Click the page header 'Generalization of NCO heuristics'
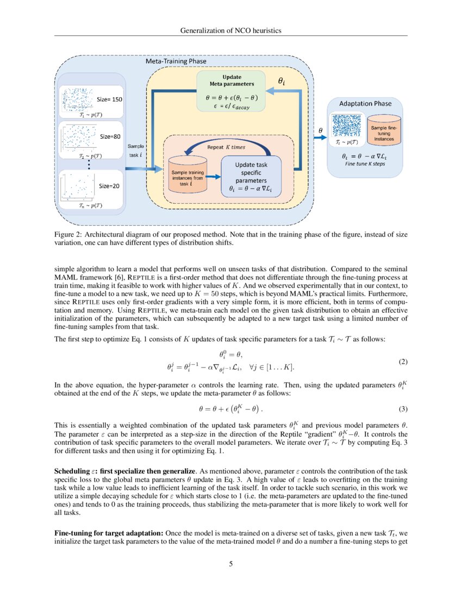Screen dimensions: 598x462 (x=230, y=31)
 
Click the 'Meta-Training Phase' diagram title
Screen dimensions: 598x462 (x=176, y=62)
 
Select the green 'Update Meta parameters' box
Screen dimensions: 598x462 (x=230, y=91)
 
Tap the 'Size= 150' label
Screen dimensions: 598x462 (x=109, y=99)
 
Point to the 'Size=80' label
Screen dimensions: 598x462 (x=109, y=137)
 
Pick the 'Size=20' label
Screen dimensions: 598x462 (x=109, y=185)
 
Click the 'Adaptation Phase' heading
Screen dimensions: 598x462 (x=365, y=103)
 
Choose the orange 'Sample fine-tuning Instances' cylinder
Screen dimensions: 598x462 (x=384, y=130)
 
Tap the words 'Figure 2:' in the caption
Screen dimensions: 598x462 (x=68, y=233)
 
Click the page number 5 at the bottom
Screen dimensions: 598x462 (x=231, y=564)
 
